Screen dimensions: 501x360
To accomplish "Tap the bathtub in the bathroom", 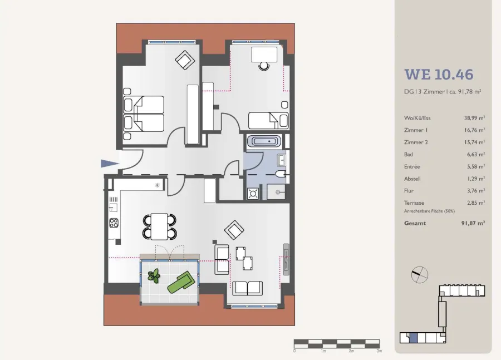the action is click(264, 141).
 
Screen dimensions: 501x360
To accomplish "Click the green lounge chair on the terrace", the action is click(181, 282).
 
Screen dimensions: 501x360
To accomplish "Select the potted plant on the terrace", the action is click(154, 275).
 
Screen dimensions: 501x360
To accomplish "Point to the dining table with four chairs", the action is click(159, 226).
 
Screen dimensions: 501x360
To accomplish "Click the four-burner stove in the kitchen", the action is click(114, 223).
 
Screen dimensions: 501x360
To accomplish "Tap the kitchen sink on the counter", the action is click(113, 208).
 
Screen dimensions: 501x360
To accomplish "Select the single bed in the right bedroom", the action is click(268, 121).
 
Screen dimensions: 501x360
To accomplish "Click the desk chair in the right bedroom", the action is click(264, 66).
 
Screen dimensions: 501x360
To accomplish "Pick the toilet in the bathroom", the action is click(281, 174).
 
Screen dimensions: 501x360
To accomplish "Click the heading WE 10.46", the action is click(439, 75).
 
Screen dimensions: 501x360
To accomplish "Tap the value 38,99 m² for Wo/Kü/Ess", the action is click(474, 118).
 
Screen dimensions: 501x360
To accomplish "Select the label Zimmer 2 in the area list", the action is click(416, 142).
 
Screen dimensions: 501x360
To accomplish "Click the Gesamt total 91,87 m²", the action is click(473, 223).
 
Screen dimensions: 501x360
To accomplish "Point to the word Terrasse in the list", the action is click(414, 203).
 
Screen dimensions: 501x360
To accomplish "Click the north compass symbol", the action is click(420, 275).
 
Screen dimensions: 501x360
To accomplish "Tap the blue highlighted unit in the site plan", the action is click(414, 338).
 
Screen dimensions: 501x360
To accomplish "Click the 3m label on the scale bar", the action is click(379, 351).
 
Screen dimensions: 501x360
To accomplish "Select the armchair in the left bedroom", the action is click(185, 60).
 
